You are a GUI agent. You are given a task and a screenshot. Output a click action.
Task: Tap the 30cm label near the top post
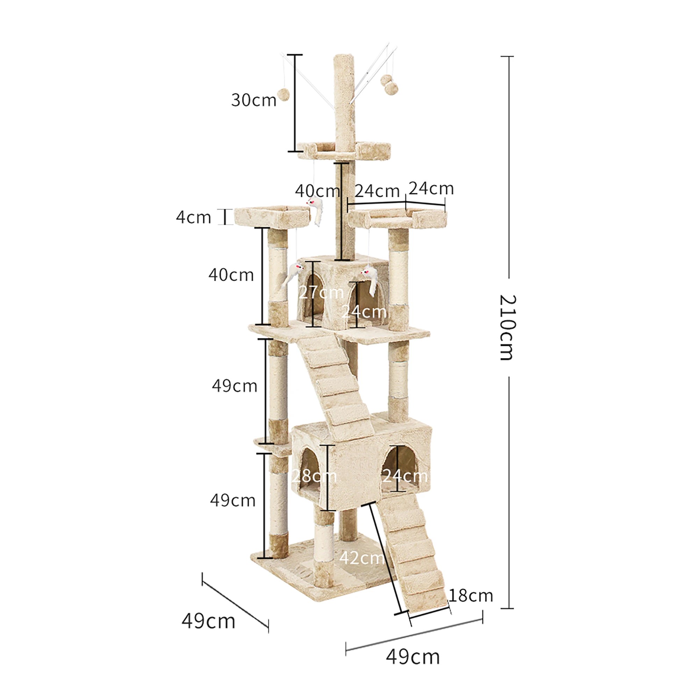point(254,100)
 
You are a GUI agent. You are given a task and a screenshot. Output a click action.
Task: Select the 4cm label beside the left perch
point(194,217)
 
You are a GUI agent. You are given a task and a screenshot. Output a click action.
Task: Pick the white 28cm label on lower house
point(314,476)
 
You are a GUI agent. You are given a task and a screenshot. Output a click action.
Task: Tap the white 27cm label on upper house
point(321,292)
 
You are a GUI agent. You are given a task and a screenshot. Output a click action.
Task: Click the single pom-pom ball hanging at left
point(283,95)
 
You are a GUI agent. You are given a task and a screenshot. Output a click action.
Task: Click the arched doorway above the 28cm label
point(310,460)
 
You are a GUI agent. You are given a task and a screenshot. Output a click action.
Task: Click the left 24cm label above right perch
point(377,191)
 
